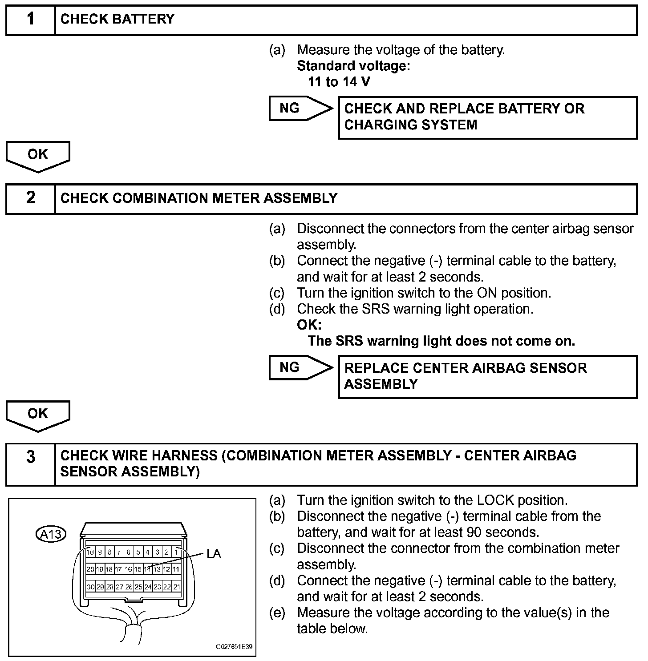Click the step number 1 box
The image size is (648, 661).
coord(30,20)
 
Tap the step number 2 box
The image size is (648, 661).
coord(30,198)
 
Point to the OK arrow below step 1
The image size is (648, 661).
coord(38,156)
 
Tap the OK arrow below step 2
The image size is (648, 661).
coord(38,415)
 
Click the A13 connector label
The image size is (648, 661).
coord(51,533)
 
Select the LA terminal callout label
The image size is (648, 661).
coord(214,553)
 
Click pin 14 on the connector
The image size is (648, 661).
coord(147,569)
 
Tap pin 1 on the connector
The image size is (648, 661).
coord(176,552)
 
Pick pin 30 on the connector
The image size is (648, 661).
coord(90,587)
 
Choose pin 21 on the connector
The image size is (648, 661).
coord(176,587)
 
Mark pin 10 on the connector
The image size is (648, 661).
coord(90,552)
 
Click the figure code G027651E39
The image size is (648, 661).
coord(234,646)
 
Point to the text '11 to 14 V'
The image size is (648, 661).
coord(339,82)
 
